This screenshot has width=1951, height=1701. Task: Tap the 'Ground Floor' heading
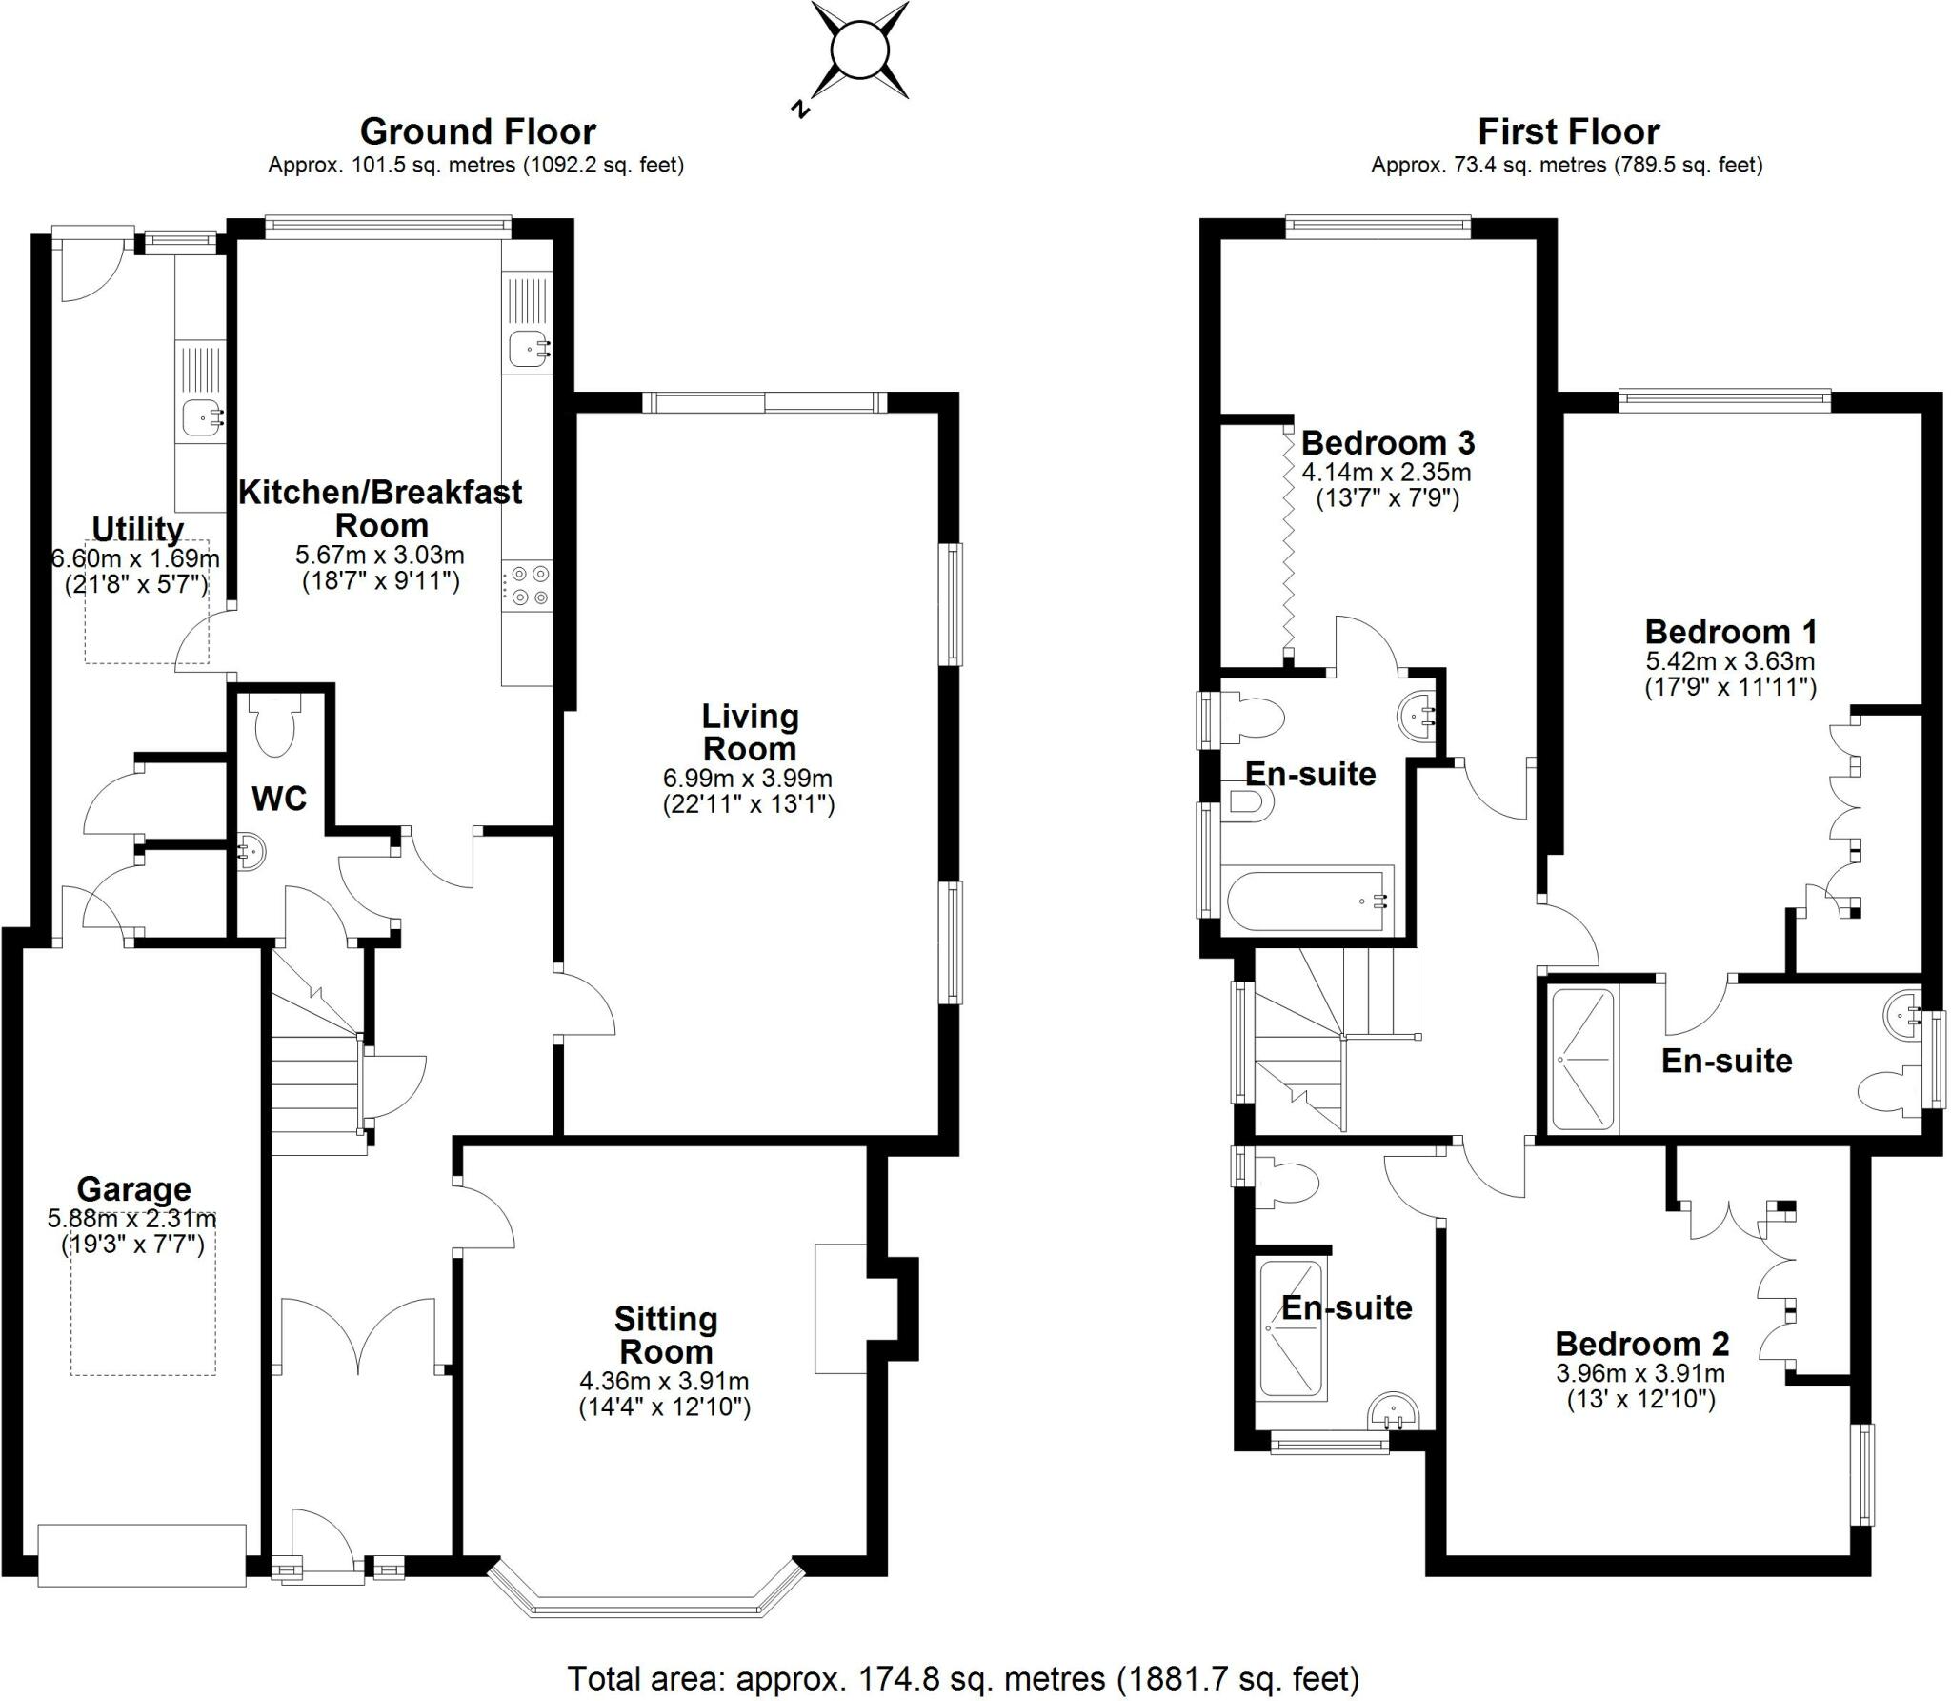pyautogui.click(x=477, y=132)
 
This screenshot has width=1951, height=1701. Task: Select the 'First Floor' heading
pyautogui.click(x=1568, y=132)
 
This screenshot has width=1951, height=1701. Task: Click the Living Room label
pyautogui.click(x=750, y=732)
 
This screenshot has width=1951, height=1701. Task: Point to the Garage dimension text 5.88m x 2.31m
pyautogui.click(x=132, y=1218)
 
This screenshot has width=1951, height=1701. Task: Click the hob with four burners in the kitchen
pyautogui.click(x=529, y=586)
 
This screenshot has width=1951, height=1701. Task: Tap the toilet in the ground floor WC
pyautogui.click(x=274, y=724)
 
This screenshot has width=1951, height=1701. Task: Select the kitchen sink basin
pyautogui.click(x=527, y=349)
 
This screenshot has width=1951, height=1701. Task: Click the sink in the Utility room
pyautogui.click(x=201, y=416)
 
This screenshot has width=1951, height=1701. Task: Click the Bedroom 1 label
pyautogui.click(x=1730, y=632)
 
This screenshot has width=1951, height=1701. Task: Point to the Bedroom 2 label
pyautogui.click(x=1641, y=1344)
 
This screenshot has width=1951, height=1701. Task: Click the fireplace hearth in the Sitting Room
pyautogui.click(x=840, y=1308)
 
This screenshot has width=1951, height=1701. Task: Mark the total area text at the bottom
pyautogui.click(x=963, y=1678)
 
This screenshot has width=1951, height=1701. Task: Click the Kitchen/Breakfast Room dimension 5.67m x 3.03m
pyautogui.click(x=380, y=555)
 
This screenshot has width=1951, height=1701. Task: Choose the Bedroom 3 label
pyautogui.click(x=1387, y=443)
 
